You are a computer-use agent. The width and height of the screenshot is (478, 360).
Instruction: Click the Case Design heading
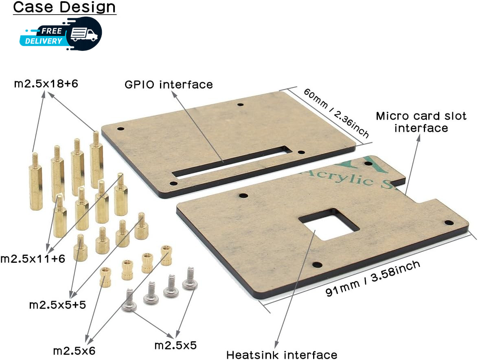(x=64, y=7)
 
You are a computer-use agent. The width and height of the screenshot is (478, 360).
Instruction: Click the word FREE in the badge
(x=52, y=31)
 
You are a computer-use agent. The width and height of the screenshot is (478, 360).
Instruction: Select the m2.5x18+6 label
(x=46, y=83)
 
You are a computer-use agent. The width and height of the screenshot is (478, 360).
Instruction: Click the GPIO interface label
(x=169, y=84)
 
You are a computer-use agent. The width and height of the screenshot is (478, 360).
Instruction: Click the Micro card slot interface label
(x=421, y=122)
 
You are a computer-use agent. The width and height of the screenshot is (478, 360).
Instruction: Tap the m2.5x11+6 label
(x=33, y=259)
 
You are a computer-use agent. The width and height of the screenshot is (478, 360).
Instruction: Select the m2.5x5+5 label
(x=57, y=305)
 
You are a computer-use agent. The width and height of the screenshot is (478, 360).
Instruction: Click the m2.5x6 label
(x=74, y=351)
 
